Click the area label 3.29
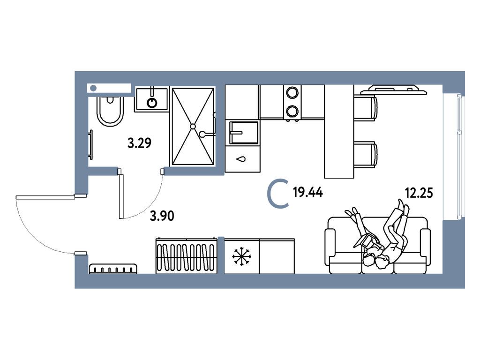pyautogui.click(x=139, y=143)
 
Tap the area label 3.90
pyautogui.click(x=162, y=216)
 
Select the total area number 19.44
pyautogui.click(x=307, y=192)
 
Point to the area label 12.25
pyautogui.click(x=418, y=192)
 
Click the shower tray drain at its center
pyautogui.click(x=193, y=126)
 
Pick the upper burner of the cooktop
pyautogui.click(x=292, y=92)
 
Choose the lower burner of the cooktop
pyautogui.click(x=292, y=111)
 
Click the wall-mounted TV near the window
pyautogui.click(x=397, y=89)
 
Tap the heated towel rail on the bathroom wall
pyautogui.click(x=91, y=145)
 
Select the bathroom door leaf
pyautogui.click(x=120, y=195)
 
